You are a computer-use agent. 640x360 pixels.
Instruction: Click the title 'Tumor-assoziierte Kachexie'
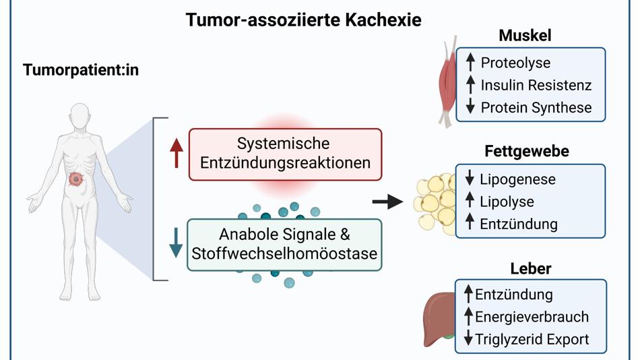[x=303, y=20]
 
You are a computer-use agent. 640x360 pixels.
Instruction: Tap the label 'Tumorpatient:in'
[x=81, y=69]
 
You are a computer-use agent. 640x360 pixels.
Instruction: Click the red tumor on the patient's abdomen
[x=76, y=180]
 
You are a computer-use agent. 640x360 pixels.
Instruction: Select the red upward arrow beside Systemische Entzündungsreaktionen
[x=177, y=153]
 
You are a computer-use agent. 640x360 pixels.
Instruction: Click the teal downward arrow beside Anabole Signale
[x=176, y=243]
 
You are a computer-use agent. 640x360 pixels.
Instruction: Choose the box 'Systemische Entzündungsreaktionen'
[x=285, y=154]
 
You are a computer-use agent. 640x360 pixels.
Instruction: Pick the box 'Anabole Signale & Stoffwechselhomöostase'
[x=284, y=245]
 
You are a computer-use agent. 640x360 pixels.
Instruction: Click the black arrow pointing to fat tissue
[x=388, y=201]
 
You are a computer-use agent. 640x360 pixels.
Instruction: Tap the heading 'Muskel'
[x=525, y=36]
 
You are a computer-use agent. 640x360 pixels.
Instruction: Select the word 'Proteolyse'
[x=515, y=63]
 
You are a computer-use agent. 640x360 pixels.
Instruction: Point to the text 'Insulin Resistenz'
[x=536, y=85]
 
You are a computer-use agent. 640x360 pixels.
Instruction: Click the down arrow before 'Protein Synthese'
[x=470, y=107]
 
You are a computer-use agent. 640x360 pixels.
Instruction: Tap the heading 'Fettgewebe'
[x=526, y=152]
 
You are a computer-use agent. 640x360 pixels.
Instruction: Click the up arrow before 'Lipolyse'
[x=470, y=201]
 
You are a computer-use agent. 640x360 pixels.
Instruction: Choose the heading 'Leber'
[x=531, y=268]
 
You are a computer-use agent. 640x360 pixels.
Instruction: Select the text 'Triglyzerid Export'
[x=532, y=339]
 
